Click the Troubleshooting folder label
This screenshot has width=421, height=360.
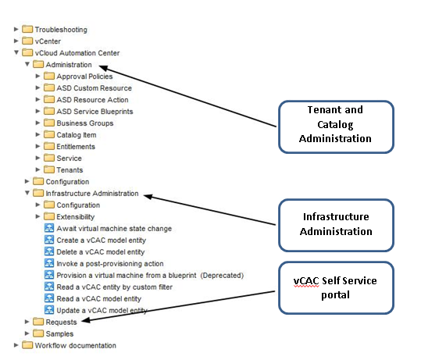click(x=61, y=30)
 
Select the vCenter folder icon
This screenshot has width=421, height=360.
click(x=27, y=41)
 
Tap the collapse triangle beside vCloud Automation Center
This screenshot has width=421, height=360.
click(x=16, y=52)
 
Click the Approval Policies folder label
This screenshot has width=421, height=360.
click(x=84, y=77)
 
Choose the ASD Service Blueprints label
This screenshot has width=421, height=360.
click(x=95, y=112)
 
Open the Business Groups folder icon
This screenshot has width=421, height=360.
click(x=49, y=123)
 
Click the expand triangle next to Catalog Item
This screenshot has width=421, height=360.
click(x=37, y=134)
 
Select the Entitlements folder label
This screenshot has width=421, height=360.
click(x=76, y=147)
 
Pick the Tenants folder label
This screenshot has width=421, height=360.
click(x=70, y=170)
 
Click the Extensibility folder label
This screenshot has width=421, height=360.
click(x=76, y=216)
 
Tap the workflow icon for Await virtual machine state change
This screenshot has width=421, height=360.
click(x=49, y=228)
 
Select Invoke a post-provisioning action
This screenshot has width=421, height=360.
click(x=110, y=264)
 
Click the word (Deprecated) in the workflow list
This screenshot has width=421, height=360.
click(x=222, y=276)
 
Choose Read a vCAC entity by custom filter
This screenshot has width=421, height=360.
click(x=114, y=287)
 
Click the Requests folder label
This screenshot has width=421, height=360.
click(x=61, y=323)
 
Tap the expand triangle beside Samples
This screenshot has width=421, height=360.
click(x=27, y=333)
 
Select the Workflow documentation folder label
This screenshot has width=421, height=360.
click(x=76, y=345)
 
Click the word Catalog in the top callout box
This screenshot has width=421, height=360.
click(x=335, y=125)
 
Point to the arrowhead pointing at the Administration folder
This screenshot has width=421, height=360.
click(x=103, y=68)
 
